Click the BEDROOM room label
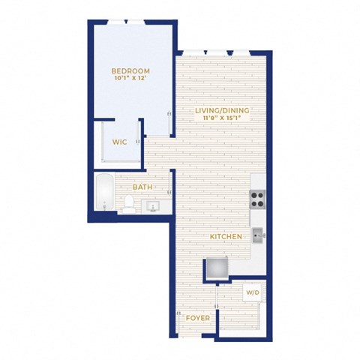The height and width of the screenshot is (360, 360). click(x=130, y=71)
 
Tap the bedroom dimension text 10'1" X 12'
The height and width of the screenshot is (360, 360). click(x=130, y=78)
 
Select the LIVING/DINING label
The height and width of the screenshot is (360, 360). click(x=222, y=110)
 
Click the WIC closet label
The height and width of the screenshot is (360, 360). click(x=120, y=142)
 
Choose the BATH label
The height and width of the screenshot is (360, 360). click(x=142, y=187)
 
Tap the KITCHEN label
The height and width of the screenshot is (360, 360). click(x=226, y=237)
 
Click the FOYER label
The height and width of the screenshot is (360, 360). click(x=198, y=318)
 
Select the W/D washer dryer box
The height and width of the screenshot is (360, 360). click(x=253, y=292)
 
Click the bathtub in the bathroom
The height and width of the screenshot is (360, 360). click(x=105, y=192)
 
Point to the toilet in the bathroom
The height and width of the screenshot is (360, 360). click(x=129, y=204)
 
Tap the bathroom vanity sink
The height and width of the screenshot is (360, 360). click(x=152, y=206)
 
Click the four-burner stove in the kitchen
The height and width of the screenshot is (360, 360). click(x=257, y=199)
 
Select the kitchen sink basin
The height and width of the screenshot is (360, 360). click(x=257, y=235)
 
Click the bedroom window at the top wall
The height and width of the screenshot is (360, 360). click(x=126, y=22)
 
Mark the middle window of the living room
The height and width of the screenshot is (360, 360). click(x=217, y=52)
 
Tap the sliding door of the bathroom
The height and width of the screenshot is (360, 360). click(x=170, y=182)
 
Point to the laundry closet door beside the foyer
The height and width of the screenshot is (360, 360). click(x=217, y=297)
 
